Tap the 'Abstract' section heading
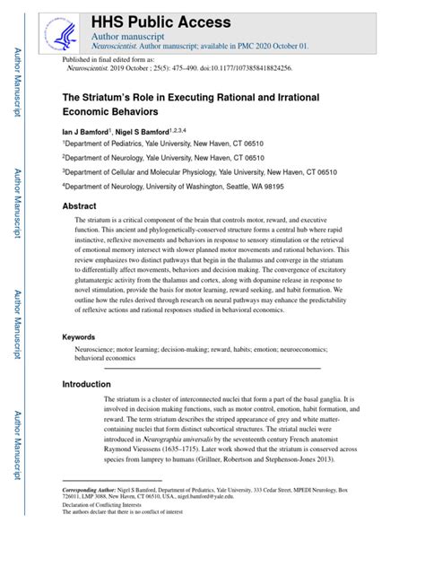pos(79,205)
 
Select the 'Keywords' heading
pos(79,311)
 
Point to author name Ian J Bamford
pos(84,130)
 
